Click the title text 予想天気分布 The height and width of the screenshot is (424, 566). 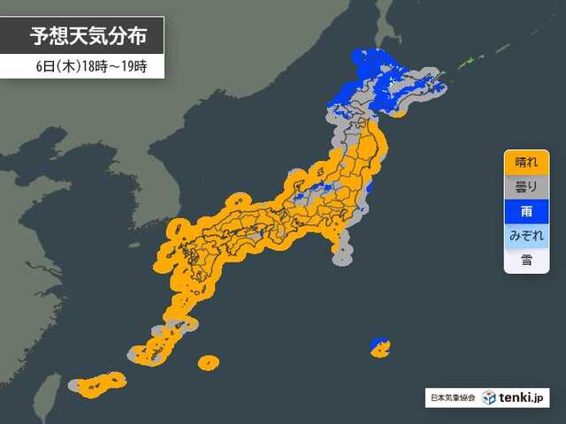coord(84,36)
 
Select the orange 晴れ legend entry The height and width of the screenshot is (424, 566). coord(526,162)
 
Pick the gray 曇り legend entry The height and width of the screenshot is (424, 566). coord(526,186)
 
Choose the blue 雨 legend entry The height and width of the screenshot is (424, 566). coord(526,211)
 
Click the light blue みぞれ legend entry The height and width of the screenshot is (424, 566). coord(526,236)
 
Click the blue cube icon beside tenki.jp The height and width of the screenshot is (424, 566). coord(490,397)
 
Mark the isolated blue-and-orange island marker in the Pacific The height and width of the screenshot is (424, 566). coord(379,346)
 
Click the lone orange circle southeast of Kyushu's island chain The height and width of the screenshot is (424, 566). coord(209,362)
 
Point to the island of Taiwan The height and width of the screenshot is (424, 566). coord(49,393)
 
